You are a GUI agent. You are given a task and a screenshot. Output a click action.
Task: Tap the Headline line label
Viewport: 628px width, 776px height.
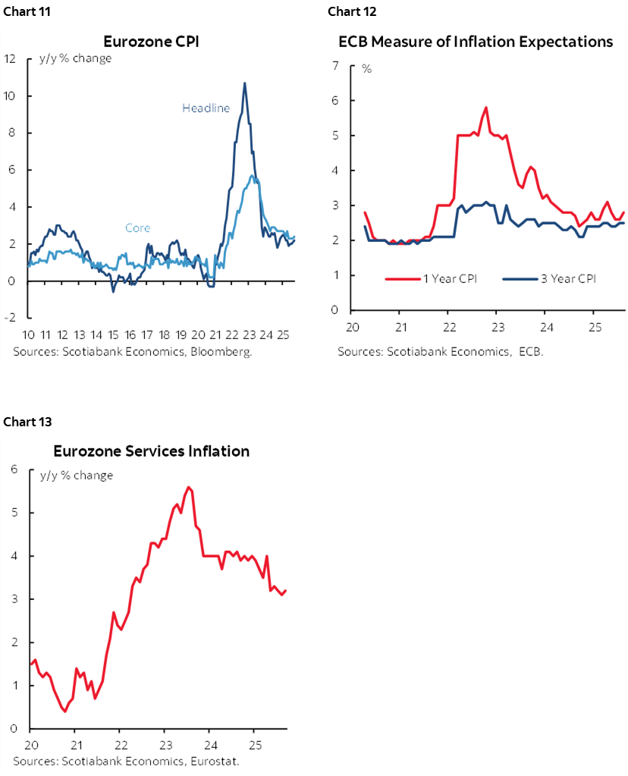pos(206,108)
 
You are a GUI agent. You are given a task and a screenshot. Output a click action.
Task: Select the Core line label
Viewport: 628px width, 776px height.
pos(137,228)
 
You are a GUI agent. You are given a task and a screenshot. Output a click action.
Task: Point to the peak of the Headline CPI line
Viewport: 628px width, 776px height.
pos(244,83)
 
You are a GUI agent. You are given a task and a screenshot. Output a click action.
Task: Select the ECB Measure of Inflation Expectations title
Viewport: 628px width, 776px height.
pos(476,42)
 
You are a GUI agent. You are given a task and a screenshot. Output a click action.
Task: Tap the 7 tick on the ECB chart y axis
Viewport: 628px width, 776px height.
pos(334,65)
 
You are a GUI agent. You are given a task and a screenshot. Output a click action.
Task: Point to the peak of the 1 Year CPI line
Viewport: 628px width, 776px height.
pos(485,107)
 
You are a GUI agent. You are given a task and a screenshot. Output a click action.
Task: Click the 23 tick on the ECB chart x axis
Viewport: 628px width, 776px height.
pos(498,326)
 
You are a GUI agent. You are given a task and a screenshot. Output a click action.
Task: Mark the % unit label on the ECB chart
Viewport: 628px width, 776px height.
pos(366,69)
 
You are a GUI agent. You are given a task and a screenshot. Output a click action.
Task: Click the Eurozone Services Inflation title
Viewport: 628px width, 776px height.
pos(151,451)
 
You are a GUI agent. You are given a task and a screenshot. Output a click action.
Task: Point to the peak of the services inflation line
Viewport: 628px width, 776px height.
pos(188,487)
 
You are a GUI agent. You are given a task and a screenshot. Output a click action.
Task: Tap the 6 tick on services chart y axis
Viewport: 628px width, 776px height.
pos(13,470)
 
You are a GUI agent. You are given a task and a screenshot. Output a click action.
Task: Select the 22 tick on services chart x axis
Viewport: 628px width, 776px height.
pos(121,744)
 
